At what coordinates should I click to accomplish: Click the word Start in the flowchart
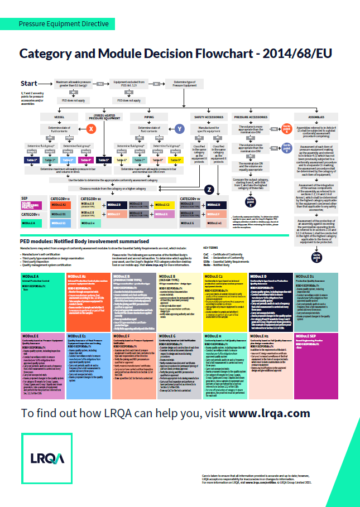(x=29, y=84)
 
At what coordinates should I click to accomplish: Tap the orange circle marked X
(x=92, y=128)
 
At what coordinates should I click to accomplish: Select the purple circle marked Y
(x=179, y=128)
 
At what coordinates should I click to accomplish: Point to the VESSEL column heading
(x=60, y=118)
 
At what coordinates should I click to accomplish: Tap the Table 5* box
(x=104, y=160)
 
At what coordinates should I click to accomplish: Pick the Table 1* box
(x=31, y=160)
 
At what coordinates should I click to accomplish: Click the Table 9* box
(x=175, y=160)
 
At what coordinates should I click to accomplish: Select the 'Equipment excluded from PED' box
(x=124, y=84)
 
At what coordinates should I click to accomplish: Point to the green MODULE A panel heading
(x=31, y=276)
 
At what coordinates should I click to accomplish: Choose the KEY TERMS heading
(x=211, y=248)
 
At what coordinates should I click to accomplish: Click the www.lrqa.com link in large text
(x=269, y=413)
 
